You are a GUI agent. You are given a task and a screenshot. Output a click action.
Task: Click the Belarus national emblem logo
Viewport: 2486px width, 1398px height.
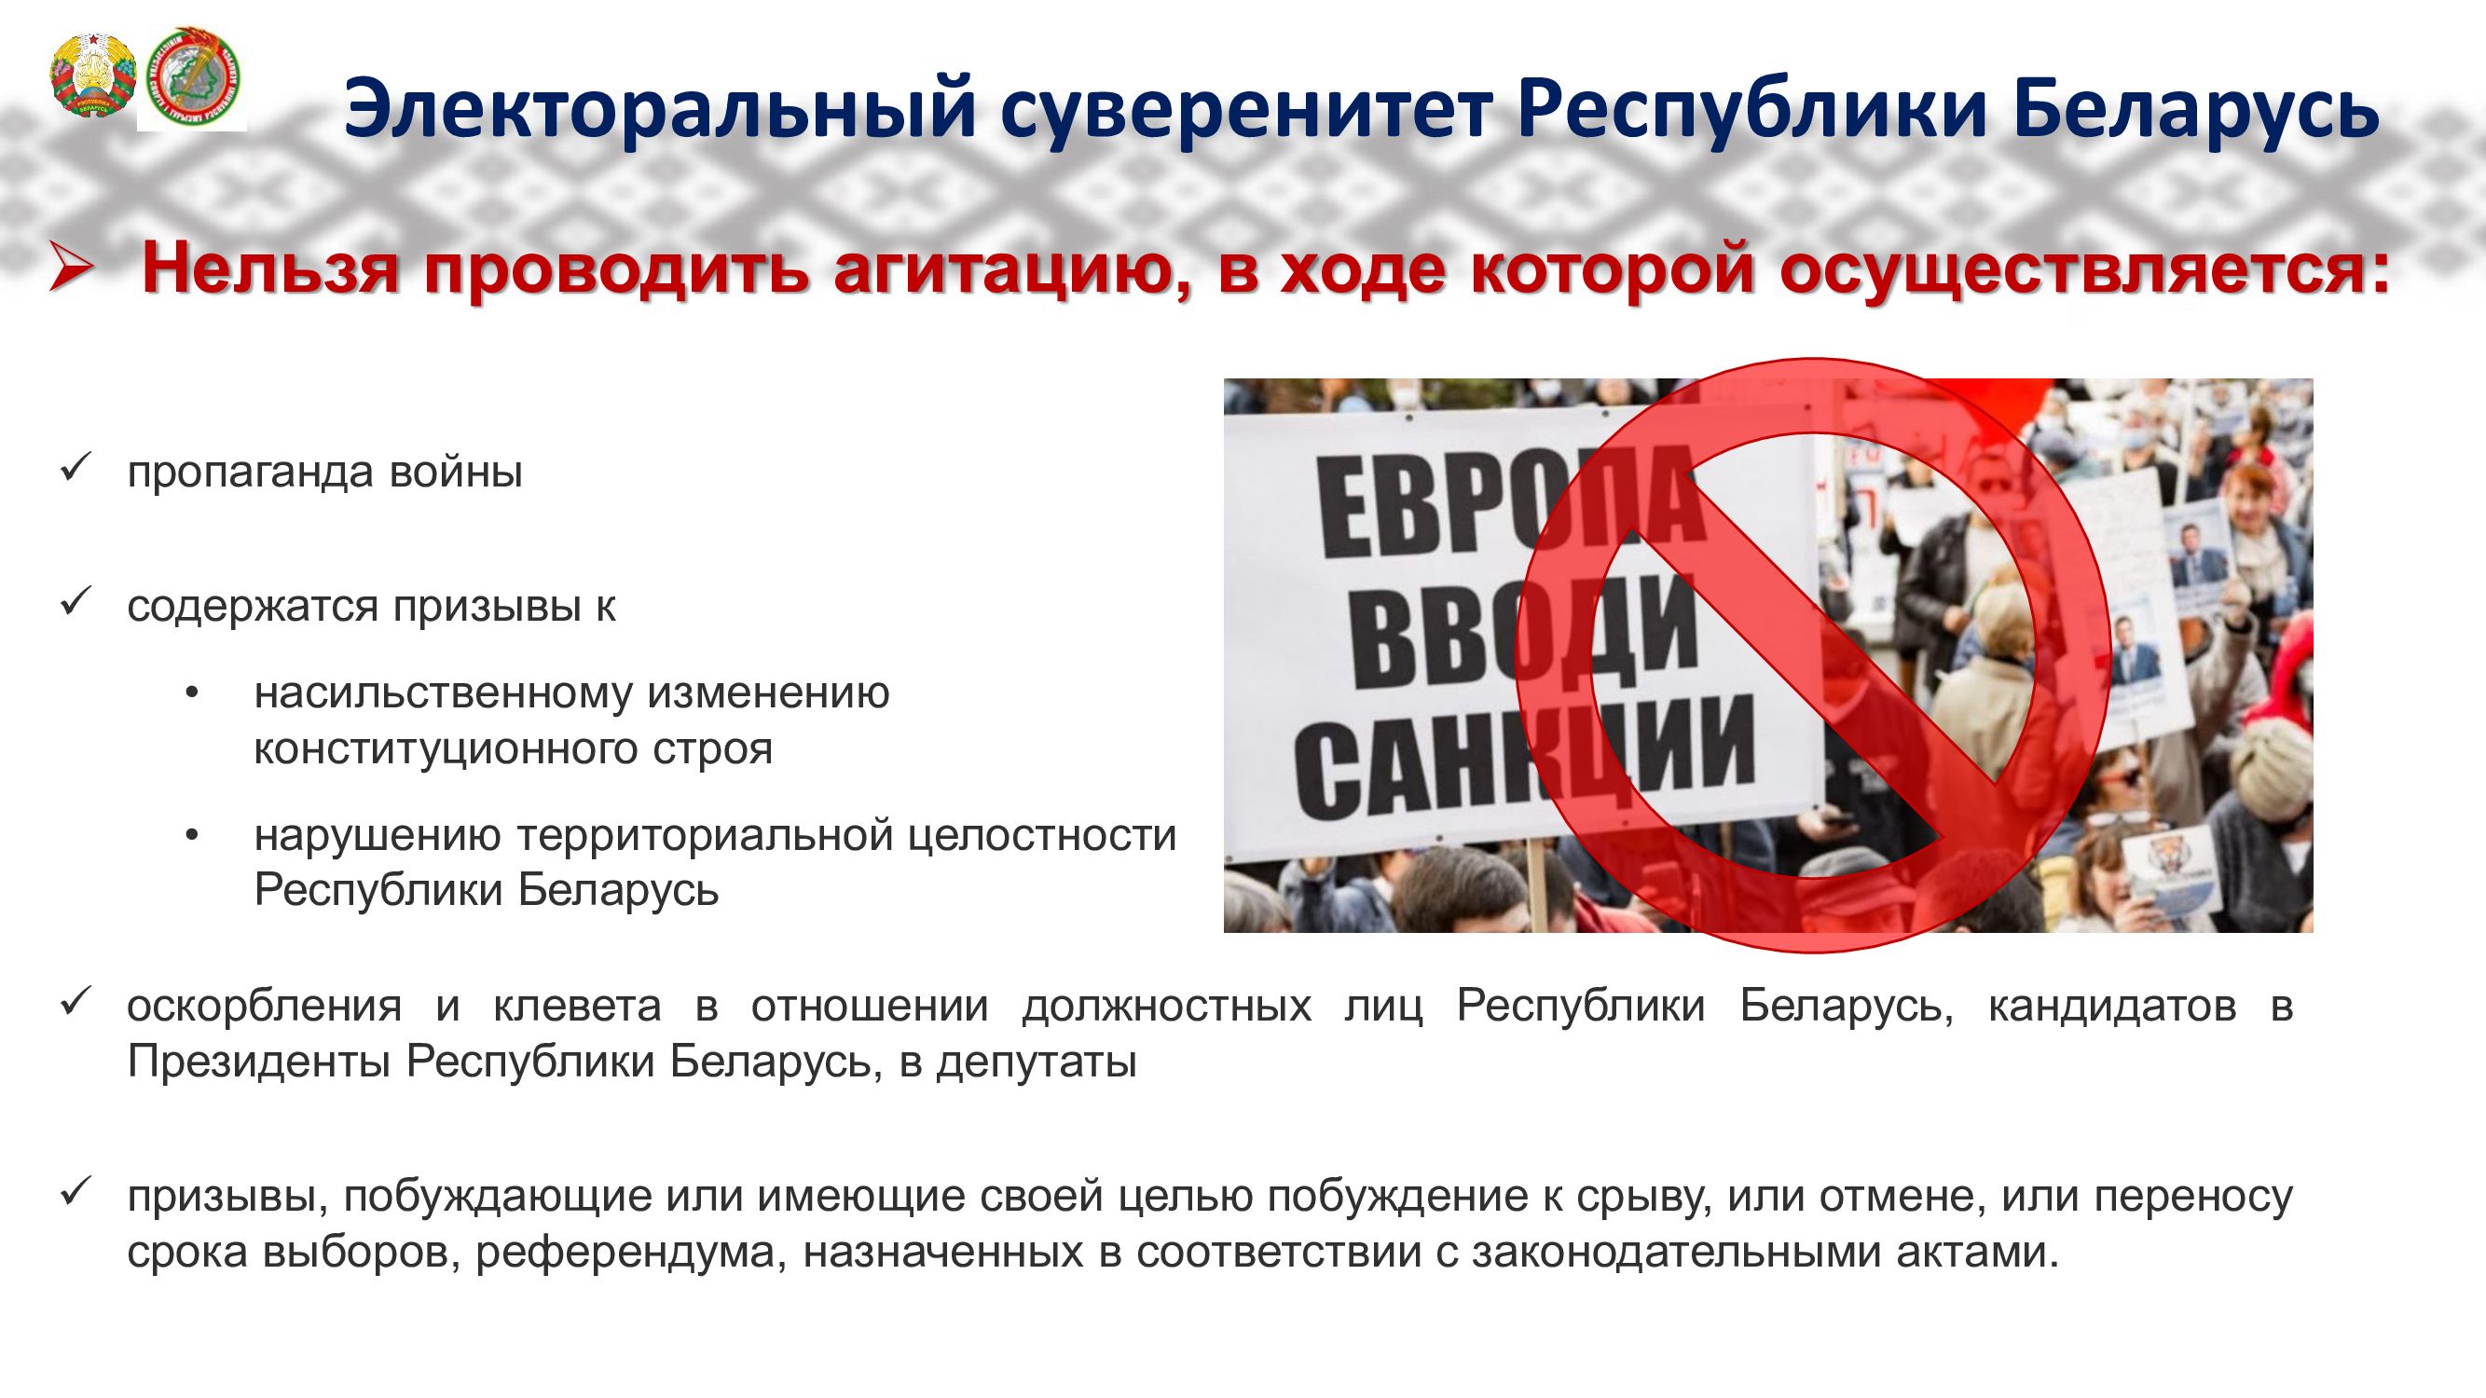(92, 75)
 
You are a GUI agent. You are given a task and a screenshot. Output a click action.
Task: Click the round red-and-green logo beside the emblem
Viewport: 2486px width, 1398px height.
(193, 76)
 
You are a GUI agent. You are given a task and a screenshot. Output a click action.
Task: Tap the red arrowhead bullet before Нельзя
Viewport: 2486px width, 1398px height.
(72, 267)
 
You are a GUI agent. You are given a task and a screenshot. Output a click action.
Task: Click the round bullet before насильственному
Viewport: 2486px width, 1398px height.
(192, 692)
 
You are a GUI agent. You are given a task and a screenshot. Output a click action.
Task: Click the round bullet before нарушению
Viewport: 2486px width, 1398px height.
(192, 834)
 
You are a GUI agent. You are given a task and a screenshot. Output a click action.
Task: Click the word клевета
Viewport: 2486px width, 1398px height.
(577, 1007)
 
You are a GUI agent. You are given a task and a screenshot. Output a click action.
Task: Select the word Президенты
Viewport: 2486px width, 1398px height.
(258, 1062)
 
